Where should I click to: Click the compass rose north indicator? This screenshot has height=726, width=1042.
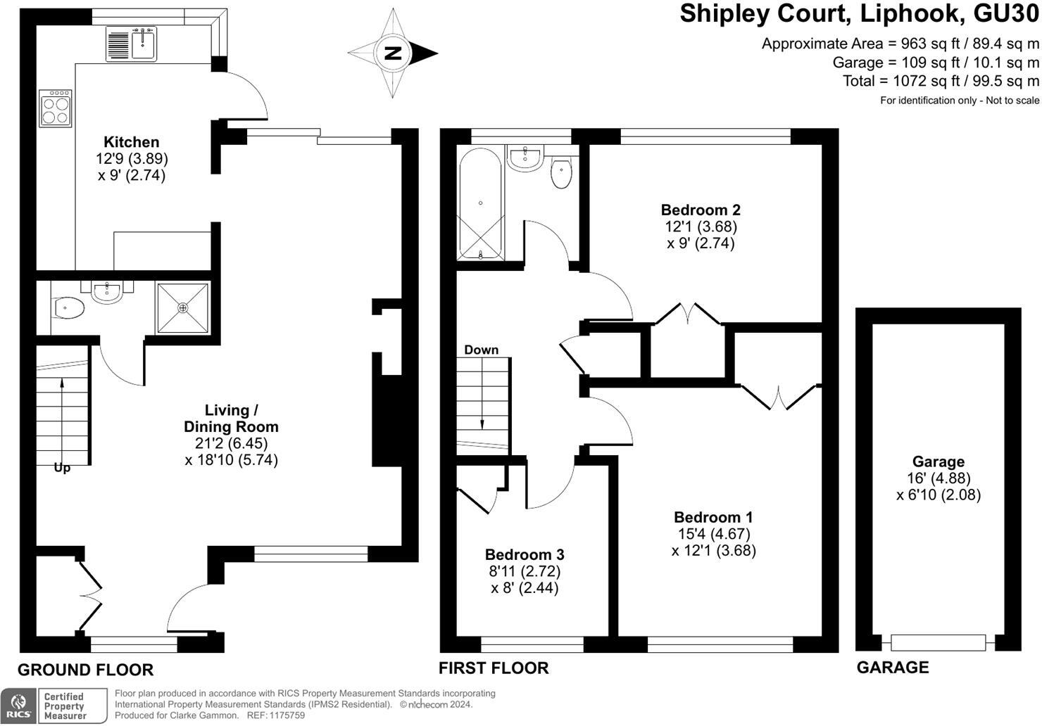click(393, 53)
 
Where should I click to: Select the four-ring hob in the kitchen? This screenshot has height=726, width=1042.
click(56, 108)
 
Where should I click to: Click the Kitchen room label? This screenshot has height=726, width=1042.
click(132, 142)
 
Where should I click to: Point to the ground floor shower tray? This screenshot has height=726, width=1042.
click(183, 308)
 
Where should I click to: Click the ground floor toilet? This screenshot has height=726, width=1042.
click(69, 307)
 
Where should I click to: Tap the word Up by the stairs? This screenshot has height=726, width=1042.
click(62, 468)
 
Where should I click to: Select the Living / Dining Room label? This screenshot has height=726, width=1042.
click(231, 418)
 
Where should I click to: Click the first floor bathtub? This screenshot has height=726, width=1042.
click(480, 204)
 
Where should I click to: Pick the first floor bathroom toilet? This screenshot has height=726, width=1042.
click(561, 174)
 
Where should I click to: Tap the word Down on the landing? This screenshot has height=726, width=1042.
click(481, 350)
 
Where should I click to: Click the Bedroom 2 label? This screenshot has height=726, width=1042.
click(701, 210)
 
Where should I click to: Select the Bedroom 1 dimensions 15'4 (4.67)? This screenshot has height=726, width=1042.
click(713, 533)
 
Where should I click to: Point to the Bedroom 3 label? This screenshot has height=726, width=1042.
click(525, 554)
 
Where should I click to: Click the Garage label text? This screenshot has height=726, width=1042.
click(938, 461)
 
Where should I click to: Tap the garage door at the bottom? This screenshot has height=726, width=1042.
click(938, 642)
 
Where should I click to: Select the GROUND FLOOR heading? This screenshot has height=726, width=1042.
click(85, 670)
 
